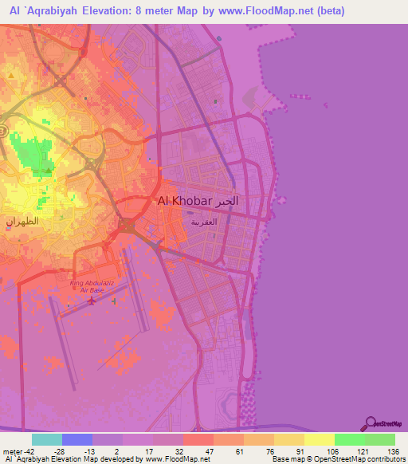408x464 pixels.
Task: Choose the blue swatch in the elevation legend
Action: click(x=77, y=439)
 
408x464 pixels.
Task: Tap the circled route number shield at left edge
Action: click(x=3, y=130)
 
